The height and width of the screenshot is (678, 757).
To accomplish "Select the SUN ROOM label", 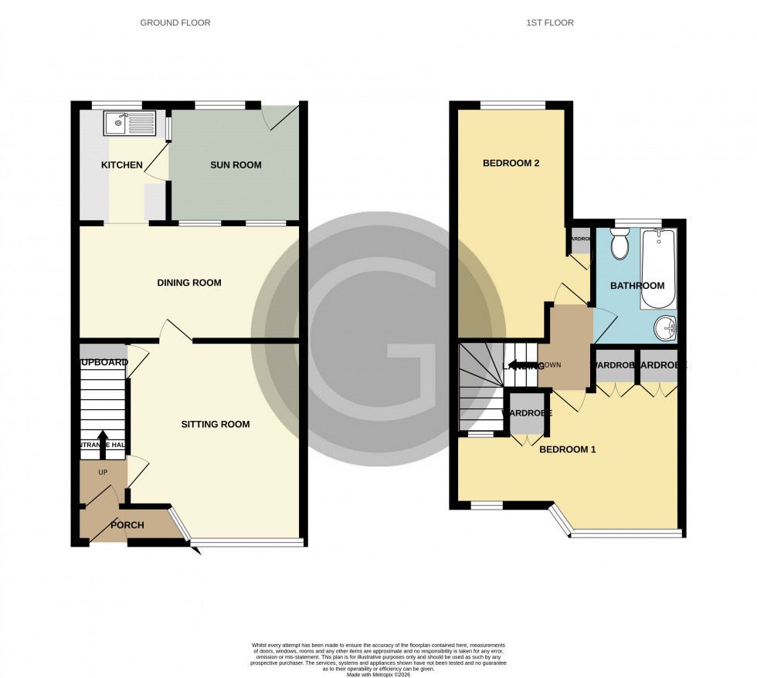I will pos(236,164).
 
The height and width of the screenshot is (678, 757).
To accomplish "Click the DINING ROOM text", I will pos(189,283).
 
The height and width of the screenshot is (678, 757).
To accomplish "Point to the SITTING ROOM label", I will pos(216,424).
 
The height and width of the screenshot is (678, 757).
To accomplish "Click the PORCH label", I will pos(127,525).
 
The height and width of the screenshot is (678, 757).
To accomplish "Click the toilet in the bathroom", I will pos(620,244).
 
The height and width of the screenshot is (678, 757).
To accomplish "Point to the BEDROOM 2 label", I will pos(511,163).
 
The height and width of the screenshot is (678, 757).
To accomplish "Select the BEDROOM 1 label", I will pos(567,449).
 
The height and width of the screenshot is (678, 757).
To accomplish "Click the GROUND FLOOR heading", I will pos(175,22).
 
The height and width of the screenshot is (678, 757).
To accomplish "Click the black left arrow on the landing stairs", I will pos(523,366).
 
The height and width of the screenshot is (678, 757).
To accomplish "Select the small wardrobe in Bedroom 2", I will pos(579,239).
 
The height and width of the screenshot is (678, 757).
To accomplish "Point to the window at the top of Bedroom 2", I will pos(513,106).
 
